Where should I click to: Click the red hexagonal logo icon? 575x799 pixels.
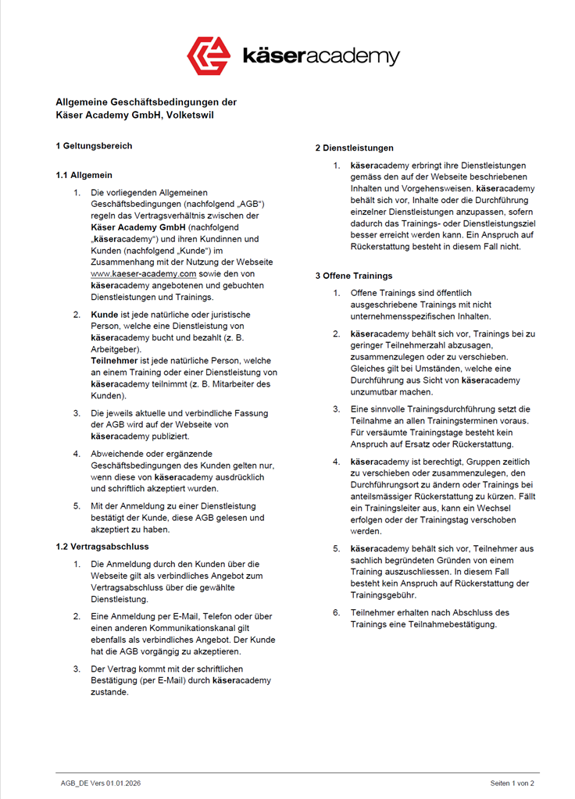tap(209, 55)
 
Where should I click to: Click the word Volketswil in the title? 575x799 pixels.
tap(190, 116)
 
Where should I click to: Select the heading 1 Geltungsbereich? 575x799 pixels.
tap(94, 145)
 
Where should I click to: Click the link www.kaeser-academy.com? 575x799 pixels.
tap(143, 274)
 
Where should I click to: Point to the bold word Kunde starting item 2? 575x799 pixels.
tap(105, 314)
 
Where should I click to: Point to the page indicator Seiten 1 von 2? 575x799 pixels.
tap(512, 783)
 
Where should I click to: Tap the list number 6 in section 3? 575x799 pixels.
tap(336, 612)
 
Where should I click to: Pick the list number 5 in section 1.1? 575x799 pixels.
tap(77, 505)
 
